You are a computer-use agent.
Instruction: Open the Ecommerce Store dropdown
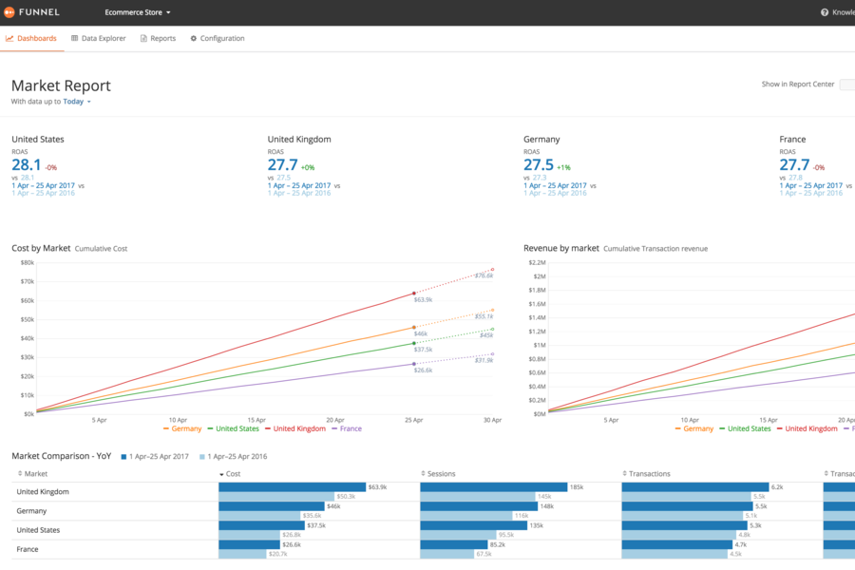pyautogui.click(x=137, y=12)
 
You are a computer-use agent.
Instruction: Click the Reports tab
pyautogui.click(x=158, y=39)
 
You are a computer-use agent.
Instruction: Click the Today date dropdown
pyautogui.click(x=76, y=102)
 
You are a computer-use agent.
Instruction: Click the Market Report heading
pyautogui.click(x=61, y=85)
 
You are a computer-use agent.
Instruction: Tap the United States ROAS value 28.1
pyautogui.click(x=27, y=165)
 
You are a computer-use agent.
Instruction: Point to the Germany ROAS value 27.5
pyautogui.click(x=539, y=165)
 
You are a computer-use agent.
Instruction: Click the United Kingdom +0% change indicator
pyautogui.click(x=309, y=167)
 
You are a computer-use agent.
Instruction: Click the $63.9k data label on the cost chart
pyautogui.click(x=423, y=299)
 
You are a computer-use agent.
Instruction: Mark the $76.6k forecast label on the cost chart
pyautogui.click(x=484, y=275)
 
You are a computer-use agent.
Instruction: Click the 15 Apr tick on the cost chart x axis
pyautogui.click(x=256, y=419)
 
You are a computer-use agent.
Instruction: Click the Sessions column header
pyautogui.click(x=441, y=473)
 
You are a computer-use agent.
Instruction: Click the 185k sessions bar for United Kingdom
pyautogui.click(x=493, y=486)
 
